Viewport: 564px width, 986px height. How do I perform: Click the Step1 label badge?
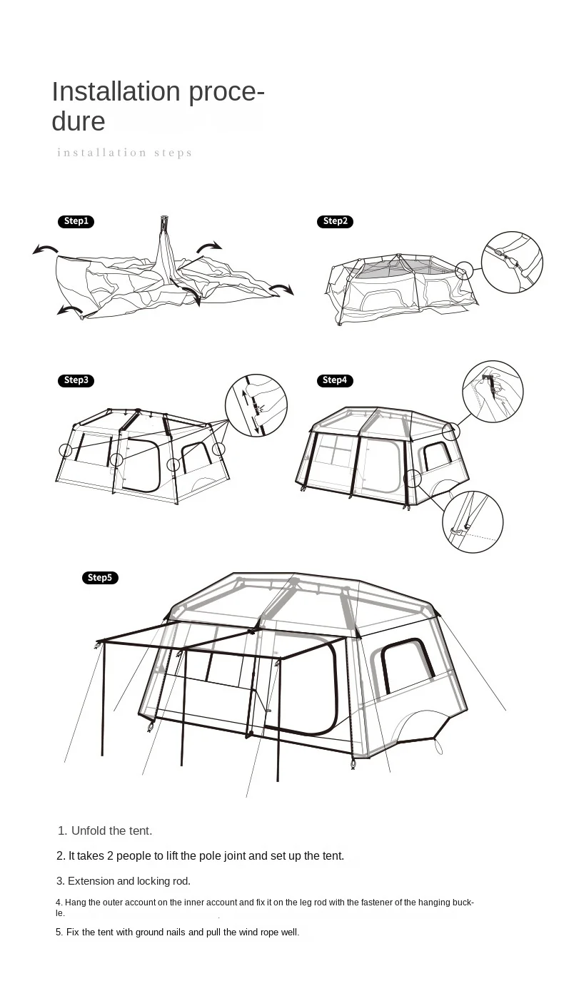pos(76,221)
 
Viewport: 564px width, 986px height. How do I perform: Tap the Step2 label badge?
pos(335,221)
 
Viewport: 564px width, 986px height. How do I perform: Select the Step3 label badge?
pos(76,380)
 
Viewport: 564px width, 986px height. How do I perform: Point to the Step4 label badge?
pos(335,380)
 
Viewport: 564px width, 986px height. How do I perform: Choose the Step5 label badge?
pos(100,577)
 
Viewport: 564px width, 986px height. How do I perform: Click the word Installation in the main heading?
pos(116,91)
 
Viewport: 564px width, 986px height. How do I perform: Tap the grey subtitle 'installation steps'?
pos(124,153)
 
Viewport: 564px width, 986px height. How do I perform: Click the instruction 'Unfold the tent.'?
pos(111,830)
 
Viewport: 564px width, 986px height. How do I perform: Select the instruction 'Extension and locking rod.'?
pos(129,881)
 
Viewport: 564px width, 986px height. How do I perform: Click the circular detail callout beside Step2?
pos(512,263)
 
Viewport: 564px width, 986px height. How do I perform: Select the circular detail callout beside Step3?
pos(256,405)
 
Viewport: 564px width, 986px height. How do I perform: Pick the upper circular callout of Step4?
pos(493,391)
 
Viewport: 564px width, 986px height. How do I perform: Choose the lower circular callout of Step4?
pos(473,522)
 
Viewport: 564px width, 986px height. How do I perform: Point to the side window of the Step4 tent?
pos(438,456)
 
